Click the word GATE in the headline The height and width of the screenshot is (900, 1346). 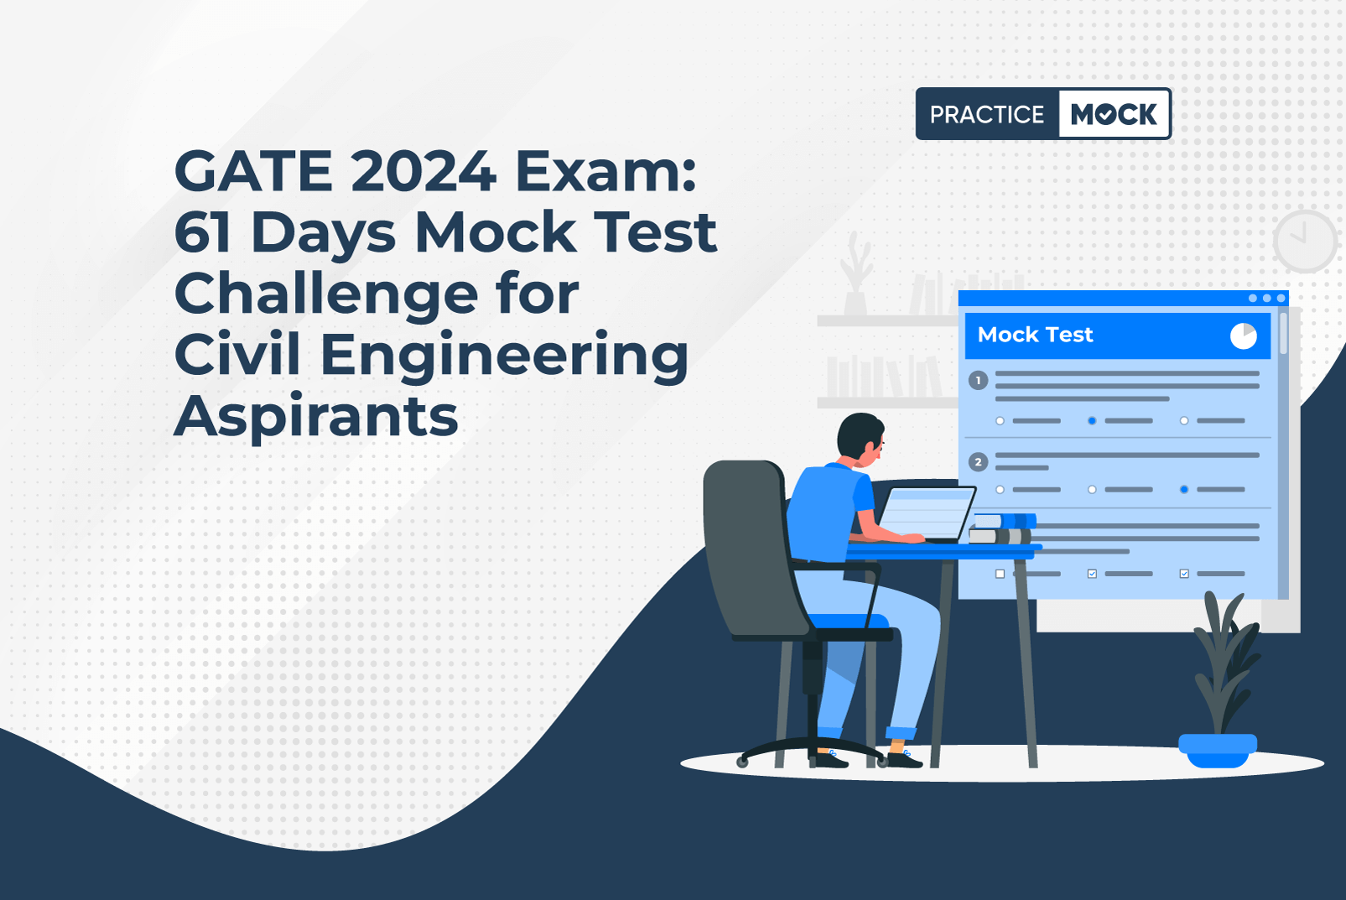click(x=253, y=170)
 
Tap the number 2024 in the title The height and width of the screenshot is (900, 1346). click(x=424, y=170)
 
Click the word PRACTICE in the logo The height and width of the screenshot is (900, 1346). click(x=987, y=115)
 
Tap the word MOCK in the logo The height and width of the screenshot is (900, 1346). click(x=1114, y=114)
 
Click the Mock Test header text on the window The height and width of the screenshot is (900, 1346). click(x=1036, y=335)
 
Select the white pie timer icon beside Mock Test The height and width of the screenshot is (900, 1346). click(x=1243, y=336)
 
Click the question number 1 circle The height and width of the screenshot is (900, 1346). click(x=978, y=380)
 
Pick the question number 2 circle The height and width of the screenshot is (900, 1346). click(x=978, y=462)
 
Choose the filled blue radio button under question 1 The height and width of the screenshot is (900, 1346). click(x=1092, y=420)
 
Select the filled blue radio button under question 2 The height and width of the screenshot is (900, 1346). click(x=1184, y=490)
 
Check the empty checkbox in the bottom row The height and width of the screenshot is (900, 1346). click(x=1000, y=574)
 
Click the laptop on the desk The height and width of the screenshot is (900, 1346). click(x=925, y=514)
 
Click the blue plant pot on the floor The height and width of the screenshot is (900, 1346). click(x=1218, y=751)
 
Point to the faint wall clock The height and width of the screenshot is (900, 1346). click(x=1305, y=241)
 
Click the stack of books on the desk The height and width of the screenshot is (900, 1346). click(x=1001, y=528)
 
